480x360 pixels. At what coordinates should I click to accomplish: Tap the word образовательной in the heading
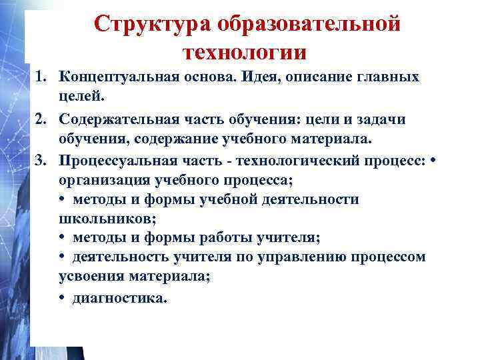pos(309,24)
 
